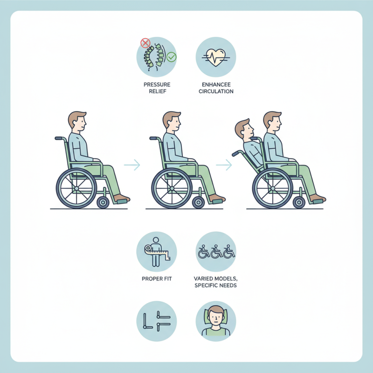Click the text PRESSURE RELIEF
click(157, 88)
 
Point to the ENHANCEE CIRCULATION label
click(216, 88)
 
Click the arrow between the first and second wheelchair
click(132, 164)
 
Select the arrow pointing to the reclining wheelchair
click(224, 164)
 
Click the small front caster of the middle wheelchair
click(198, 202)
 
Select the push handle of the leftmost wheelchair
click(60, 138)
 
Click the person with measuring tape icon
click(157, 252)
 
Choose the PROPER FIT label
click(157, 278)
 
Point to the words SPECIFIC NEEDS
click(216, 285)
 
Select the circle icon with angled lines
click(157, 321)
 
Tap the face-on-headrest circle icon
click(216, 321)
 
